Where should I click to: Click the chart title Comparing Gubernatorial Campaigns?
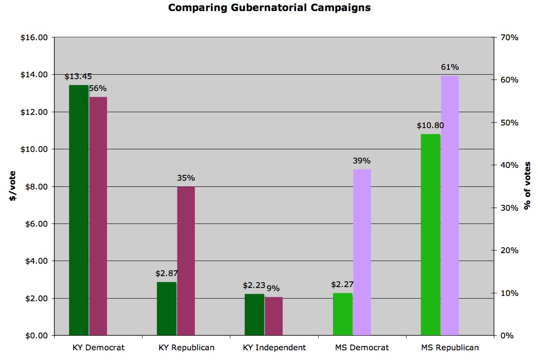coord(269,8)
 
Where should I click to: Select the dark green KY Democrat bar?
coord(79,210)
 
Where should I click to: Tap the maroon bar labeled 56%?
coord(98,216)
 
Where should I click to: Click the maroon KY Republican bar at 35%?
coord(186,261)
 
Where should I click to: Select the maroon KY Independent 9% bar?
coord(274,316)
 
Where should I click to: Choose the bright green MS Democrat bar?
coord(342,314)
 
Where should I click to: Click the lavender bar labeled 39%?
coord(362,252)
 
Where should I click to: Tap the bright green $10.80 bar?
coord(430,235)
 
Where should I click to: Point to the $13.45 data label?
coord(78,76)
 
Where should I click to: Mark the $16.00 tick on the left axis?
coord(34,38)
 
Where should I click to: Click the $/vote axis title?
coord(13,186)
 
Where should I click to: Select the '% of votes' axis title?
coord(527,186)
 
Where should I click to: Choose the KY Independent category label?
coord(275,348)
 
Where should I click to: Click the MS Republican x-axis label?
coord(450,348)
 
